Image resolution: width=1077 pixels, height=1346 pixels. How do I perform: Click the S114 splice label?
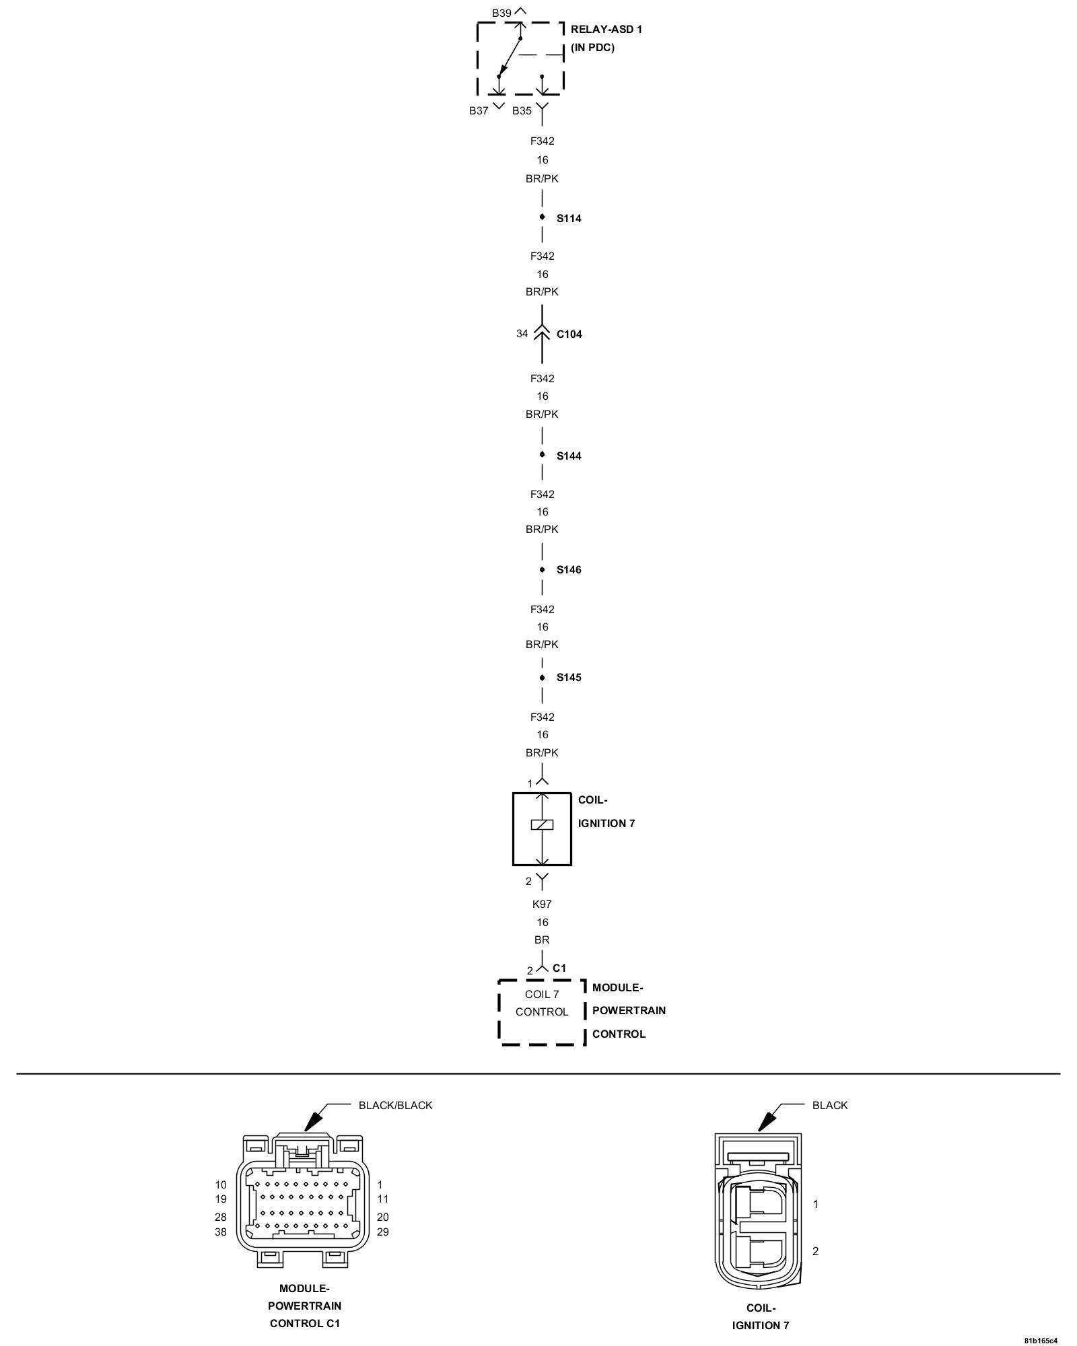pyautogui.click(x=568, y=219)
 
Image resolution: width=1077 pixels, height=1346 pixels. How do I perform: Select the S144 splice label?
pyautogui.click(x=568, y=456)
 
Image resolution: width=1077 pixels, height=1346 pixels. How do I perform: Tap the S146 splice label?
pyautogui.click(x=568, y=570)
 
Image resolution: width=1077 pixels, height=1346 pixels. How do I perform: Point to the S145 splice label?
pyautogui.click(x=568, y=678)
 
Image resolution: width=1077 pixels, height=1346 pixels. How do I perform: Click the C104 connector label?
pyautogui.click(x=569, y=334)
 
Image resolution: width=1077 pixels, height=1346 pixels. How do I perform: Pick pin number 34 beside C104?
pyautogui.click(x=522, y=334)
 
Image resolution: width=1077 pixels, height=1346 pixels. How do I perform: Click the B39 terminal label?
pyautogui.click(x=501, y=13)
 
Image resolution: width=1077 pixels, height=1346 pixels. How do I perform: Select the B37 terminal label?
pyautogui.click(x=479, y=111)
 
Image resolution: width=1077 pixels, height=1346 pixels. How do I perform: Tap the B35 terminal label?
pyautogui.click(x=522, y=111)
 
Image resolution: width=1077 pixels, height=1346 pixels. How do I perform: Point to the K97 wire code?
pyautogui.click(x=542, y=904)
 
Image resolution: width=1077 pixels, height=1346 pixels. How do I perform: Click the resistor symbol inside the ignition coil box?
pyautogui.click(x=542, y=824)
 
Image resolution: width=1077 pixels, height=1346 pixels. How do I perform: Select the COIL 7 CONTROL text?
pyautogui.click(x=542, y=1003)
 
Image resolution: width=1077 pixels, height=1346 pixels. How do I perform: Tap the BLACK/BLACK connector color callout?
pyautogui.click(x=395, y=1105)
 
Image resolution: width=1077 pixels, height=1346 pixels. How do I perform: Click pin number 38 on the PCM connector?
pyautogui.click(x=221, y=1232)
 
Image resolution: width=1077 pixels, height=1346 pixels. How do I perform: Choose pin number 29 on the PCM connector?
pyautogui.click(x=383, y=1232)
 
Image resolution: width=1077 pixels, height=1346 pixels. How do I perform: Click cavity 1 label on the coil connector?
pyautogui.click(x=815, y=1204)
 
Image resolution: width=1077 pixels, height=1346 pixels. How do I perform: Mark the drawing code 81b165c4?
pyautogui.click(x=1041, y=1340)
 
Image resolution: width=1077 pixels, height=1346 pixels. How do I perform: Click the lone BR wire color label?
pyautogui.click(x=542, y=940)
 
